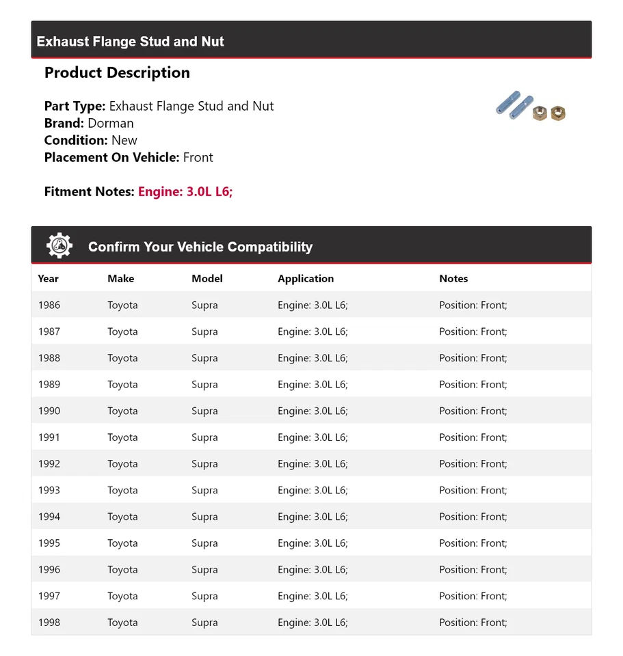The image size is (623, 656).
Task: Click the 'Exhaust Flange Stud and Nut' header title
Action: coord(130,41)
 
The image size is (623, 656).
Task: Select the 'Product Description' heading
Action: coord(117,72)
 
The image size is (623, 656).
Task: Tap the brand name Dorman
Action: coord(111,123)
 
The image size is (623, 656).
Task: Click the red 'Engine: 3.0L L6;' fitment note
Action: coord(185,191)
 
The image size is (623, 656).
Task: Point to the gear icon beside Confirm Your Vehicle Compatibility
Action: coord(59,246)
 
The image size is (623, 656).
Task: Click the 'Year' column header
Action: coord(49,279)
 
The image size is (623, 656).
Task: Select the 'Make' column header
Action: coord(120,279)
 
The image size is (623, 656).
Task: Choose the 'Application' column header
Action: coord(306,279)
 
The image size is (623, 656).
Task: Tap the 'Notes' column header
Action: coord(453,279)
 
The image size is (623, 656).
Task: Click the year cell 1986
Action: coord(49,305)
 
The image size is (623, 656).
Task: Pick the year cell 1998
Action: coord(49,623)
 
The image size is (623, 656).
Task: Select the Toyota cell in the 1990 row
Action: coord(122,411)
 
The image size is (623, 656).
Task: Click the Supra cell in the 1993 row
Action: coord(204,490)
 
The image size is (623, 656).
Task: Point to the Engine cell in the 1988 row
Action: coord(313,358)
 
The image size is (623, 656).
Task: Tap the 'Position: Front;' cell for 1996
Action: coord(473,570)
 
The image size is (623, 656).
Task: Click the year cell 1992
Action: coord(49,464)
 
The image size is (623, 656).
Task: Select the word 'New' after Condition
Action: coord(124,140)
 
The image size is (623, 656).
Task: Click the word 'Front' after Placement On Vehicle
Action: coord(198,157)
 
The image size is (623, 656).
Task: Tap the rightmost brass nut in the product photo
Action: coord(558,113)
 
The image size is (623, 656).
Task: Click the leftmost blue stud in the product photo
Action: coord(508,104)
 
